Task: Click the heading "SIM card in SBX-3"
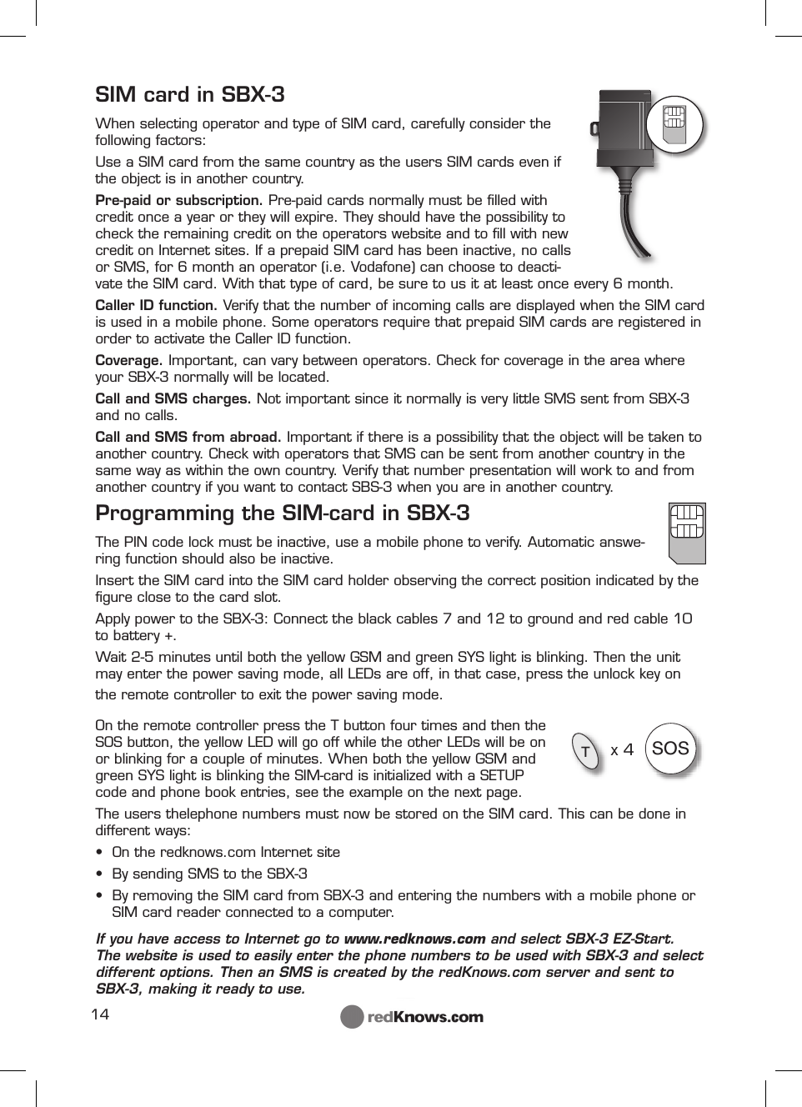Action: coord(189,94)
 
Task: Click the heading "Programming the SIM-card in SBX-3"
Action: coord(282,513)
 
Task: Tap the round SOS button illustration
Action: coord(670,749)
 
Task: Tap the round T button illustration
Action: coord(586,751)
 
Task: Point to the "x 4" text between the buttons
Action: coord(622,749)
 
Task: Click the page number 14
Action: coord(100,1014)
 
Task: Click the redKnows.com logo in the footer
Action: coord(412,1016)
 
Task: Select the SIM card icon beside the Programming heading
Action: coord(688,532)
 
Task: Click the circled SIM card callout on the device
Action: coord(675,126)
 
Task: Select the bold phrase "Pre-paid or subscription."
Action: coord(179,200)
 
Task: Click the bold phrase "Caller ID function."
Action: coord(157,305)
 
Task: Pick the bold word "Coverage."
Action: coord(129,360)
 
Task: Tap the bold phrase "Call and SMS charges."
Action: coord(173,398)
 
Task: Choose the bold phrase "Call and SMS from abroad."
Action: coord(188,437)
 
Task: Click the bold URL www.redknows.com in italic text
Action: coord(414,939)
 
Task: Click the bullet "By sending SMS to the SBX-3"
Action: coord(209,874)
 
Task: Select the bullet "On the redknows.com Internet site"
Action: coord(226,852)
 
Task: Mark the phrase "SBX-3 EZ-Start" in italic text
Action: coord(619,939)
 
